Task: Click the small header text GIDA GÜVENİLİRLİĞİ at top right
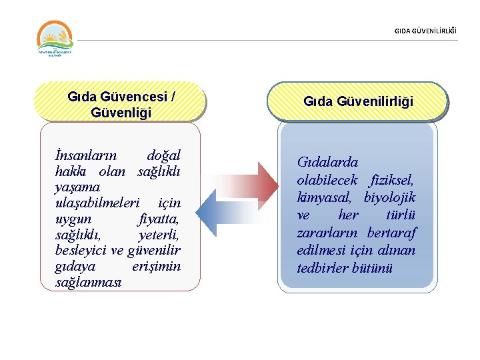426,30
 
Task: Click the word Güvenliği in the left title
121,113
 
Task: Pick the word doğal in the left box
163,155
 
